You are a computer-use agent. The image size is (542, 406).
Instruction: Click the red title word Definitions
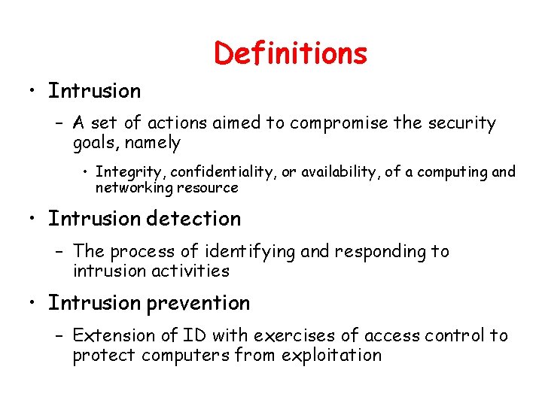point(291,53)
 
